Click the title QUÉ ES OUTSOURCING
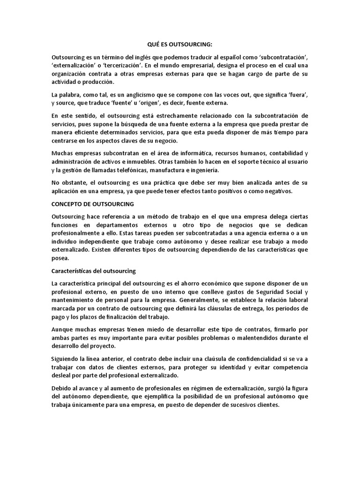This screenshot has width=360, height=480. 180,45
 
